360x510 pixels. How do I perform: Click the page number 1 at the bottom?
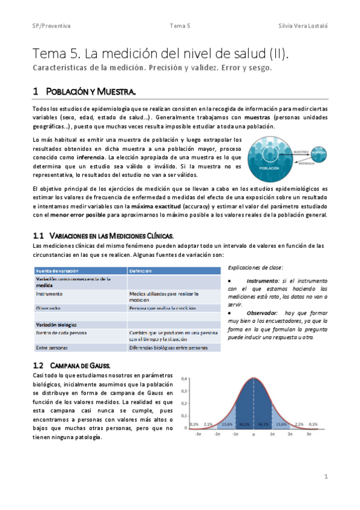(x=325, y=476)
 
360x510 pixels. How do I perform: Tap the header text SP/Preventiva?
(x=51, y=26)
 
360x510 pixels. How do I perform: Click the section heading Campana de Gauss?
(x=79, y=365)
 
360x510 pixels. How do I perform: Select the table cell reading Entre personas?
(x=52, y=348)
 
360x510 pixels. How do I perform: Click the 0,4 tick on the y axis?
(x=184, y=378)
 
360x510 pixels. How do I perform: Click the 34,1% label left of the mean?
(x=244, y=424)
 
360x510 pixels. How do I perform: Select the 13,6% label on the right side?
(x=280, y=424)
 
